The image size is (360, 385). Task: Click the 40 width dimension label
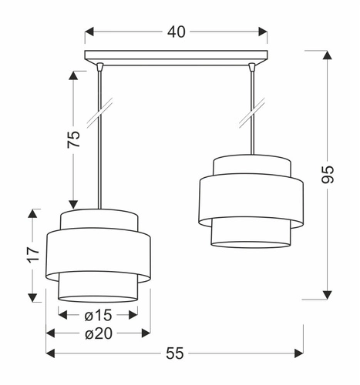point(176,32)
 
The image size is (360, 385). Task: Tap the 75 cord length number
point(74,140)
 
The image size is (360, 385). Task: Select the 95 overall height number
point(328,174)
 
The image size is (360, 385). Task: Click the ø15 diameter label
point(98,315)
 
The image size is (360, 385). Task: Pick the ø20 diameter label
point(99,333)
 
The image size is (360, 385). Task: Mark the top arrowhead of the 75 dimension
point(74,75)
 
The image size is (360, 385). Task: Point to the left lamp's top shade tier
point(99,219)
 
